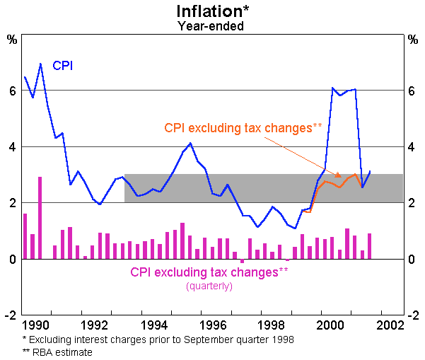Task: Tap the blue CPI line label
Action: [x=63, y=66]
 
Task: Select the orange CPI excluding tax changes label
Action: [x=243, y=128]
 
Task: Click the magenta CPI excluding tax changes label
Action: [x=209, y=272]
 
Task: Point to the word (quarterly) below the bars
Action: [x=209, y=286]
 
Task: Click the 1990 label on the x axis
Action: [x=35, y=326]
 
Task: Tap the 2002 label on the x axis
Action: [x=380, y=326]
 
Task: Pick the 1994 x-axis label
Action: [x=151, y=326]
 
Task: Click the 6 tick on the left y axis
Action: [x=12, y=91]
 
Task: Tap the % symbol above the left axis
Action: [x=12, y=39]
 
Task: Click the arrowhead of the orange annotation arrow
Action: [x=339, y=176]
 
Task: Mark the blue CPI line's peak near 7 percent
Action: [x=40, y=64]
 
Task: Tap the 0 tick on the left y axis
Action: [x=12, y=260]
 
